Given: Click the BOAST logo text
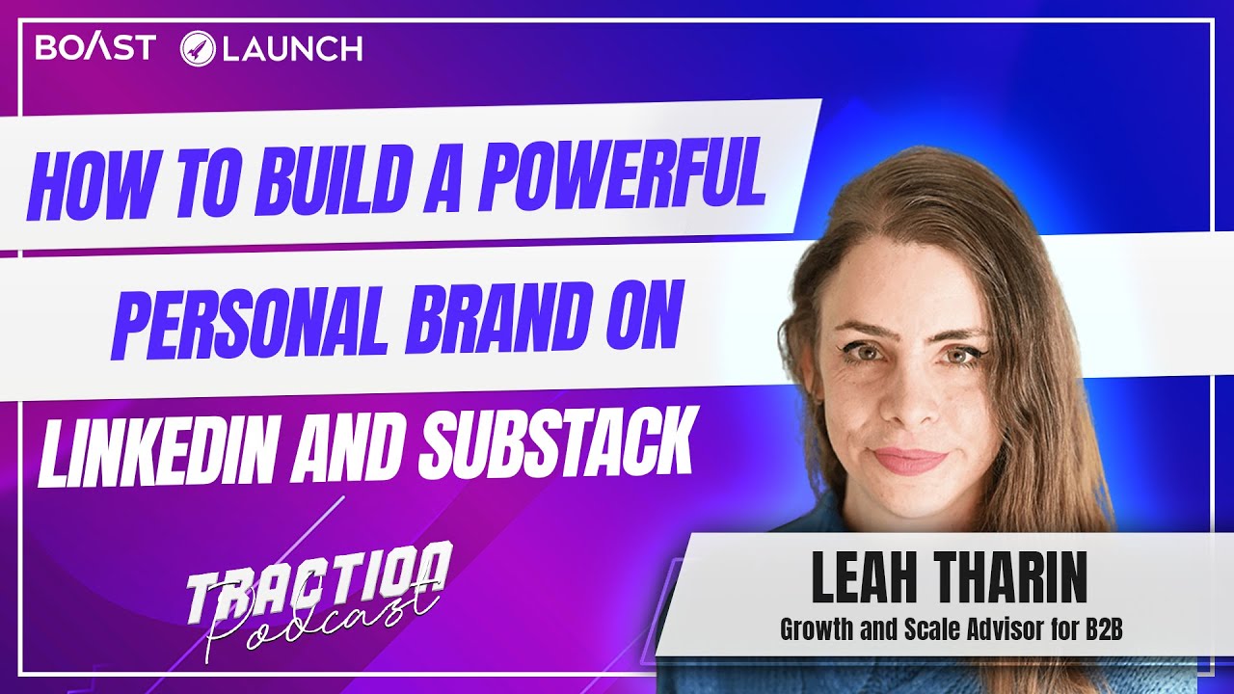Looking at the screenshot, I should point(94,48).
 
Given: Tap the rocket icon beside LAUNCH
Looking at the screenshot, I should point(197,49).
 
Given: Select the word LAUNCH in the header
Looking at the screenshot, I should point(292,49).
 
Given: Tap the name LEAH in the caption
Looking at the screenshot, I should point(869,580).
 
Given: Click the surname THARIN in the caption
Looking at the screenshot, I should point(1015,580).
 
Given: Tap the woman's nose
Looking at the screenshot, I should point(904,405).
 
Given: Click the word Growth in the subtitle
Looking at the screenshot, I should point(816,631).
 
